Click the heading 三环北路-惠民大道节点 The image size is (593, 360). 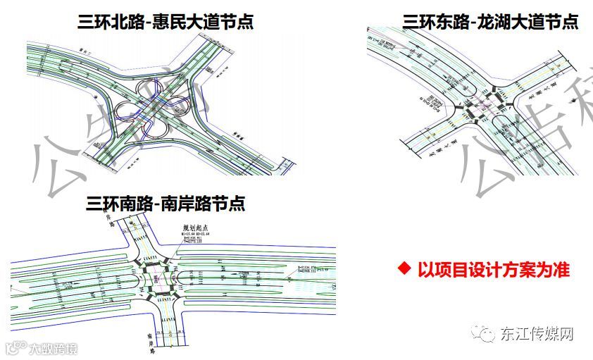166,22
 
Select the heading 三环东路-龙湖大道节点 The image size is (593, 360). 490,22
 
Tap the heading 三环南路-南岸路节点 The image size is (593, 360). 166,204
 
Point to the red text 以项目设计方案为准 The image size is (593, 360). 493,269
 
